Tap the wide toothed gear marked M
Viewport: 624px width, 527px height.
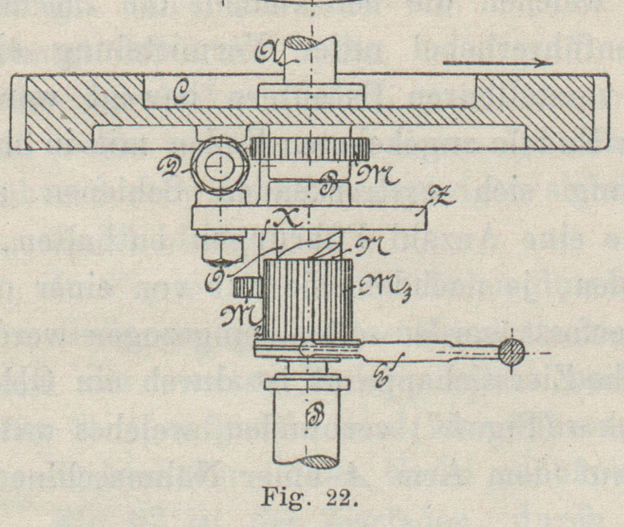[x=310, y=148]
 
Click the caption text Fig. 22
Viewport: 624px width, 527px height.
[x=309, y=498]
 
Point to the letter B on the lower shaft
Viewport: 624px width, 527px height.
[x=312, y=418]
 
